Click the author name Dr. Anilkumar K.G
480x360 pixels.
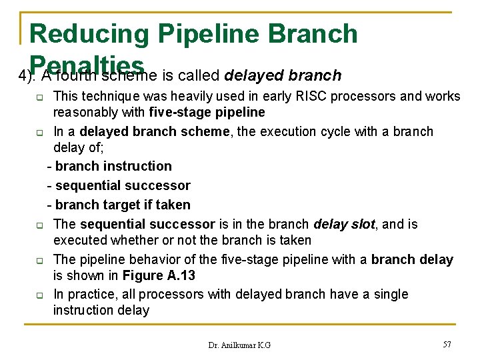click(239, 345)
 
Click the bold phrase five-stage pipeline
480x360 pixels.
click(207, 112)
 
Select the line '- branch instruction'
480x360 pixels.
click(109, 166)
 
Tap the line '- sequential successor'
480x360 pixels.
click(119, 185)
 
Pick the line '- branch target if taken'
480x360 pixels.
click(119, 205)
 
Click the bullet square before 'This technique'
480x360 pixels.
click(39, 97)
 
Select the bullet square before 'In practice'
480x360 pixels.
click(39, 295)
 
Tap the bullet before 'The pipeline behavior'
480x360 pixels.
click(39, 261)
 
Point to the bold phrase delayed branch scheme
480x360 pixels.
click(149, 131)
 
